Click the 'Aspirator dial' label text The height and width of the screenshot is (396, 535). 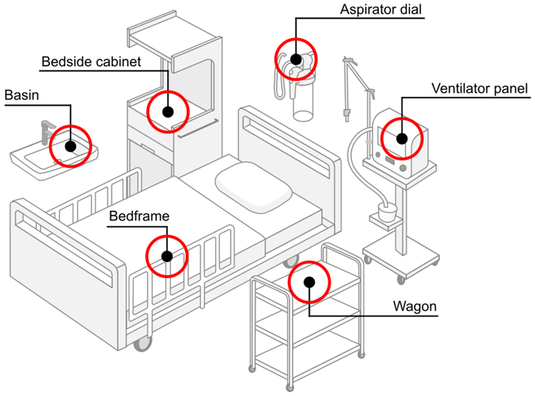click(x=381, y=10)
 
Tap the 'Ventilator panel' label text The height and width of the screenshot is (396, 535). click(x=479, y=89)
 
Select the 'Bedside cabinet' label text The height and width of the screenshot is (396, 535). click(x=91, y=62)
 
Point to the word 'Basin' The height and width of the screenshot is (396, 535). click(x=22, y=95)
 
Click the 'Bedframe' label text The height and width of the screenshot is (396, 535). click(x=139, y=216)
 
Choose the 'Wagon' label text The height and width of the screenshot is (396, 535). click(x=415, y=306)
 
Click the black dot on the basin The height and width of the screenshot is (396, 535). click(x=70, y=146)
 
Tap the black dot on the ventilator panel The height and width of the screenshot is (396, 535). click(x=402, y=138)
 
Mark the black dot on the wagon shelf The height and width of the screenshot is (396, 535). click(x=309, y=282)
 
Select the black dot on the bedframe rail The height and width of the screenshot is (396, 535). click(x=167, y=256)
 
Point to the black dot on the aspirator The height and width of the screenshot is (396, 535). click(x=296, y=59)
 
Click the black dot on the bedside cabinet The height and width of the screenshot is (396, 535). click(x=168, y=112)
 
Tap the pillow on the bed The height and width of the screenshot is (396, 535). click(x=253, y=186)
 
